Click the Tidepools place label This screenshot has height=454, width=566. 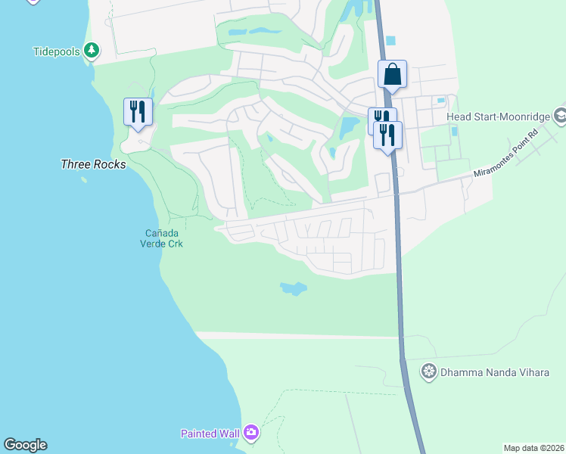tap(58, 51)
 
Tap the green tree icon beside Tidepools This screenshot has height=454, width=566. tap(92, 51)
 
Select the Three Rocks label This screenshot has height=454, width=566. tap(93, 163)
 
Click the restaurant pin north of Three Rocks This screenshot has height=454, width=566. tap(138, 111)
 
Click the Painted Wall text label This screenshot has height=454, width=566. tap(210, 434)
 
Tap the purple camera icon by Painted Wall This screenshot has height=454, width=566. tap(250, 433)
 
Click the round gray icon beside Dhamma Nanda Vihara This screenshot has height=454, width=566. tap(429, 371)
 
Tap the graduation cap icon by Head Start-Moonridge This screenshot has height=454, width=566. tap(561, 117)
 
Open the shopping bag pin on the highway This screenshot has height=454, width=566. tap(392, 74)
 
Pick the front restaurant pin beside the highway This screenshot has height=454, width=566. tap(387, 135)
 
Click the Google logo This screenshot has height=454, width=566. tap(25, 445)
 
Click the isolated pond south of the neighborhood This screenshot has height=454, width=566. tap(293, 288)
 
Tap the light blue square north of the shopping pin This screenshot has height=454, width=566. tap(390, 40)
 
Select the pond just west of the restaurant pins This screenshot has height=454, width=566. tap(349, 127)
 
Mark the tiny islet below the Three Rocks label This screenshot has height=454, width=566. tap(83, 180)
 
